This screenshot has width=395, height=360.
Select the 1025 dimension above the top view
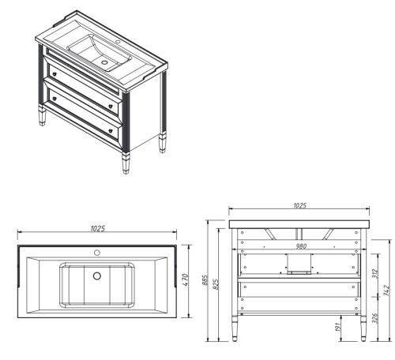(x=97, y=228)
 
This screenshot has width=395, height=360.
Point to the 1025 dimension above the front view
(x=299, y=205)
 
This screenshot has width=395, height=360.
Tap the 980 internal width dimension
(x=300, y=246)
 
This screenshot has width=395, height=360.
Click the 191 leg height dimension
(x=337, y=328)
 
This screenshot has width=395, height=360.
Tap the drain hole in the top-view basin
(x=97, y=276)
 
